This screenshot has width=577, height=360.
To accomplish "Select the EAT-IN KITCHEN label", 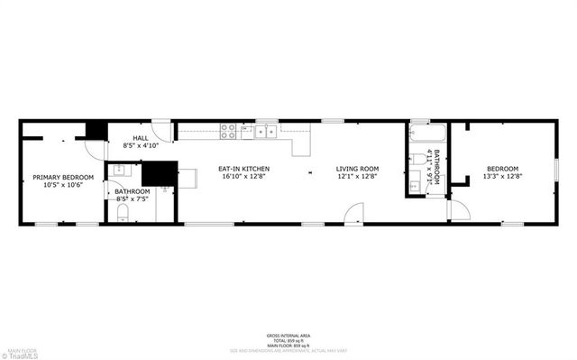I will coord(243,169).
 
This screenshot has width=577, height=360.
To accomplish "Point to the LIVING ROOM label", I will coord(357,169).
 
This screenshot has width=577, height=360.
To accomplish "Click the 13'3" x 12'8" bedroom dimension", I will coord(503,176).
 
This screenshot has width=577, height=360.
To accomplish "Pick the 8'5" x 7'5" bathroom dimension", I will coord(132,198).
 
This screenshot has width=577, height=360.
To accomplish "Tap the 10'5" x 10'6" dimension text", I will coord(57,185).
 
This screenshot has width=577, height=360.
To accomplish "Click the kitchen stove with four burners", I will coord(229,131).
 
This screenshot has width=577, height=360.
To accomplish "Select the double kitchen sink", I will coord(266,132).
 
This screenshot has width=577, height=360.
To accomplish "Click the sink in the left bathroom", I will coord(120,170).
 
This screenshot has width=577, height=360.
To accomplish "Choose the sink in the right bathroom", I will coord(416,185).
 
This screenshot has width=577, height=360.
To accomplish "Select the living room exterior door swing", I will coord(353,215).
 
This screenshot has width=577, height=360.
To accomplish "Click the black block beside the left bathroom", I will coord(160,172).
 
